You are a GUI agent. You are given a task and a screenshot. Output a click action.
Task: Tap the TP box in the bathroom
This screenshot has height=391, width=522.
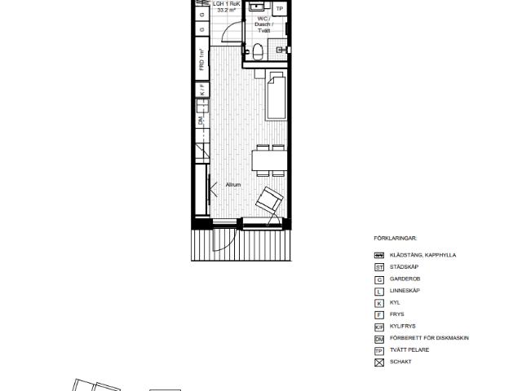click(x=279, y=9)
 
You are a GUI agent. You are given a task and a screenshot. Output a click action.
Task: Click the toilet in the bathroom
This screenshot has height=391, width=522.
click(x=258, y=52)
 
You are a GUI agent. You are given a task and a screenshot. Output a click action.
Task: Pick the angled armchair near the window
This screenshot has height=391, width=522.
click(x=269, y=199)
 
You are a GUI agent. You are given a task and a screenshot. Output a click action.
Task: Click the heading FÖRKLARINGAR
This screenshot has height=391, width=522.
click(x=396, y=239)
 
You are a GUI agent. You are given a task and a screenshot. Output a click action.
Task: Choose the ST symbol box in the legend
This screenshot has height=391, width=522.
click(x=378, y=267)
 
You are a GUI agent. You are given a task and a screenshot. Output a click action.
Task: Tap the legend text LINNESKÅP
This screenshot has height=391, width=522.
click(x=407, y=291)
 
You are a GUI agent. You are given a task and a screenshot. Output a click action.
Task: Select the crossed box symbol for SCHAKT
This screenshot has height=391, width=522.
click(x=378, y=361)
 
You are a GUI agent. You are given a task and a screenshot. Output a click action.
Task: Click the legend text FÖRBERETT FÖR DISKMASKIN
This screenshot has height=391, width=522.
click(x=429, y=337)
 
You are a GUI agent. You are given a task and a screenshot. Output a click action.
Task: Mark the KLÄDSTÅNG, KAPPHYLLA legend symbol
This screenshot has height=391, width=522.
click(x=378, y=255)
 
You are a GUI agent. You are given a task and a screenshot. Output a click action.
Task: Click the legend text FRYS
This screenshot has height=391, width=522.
click(x=397, y=314)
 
